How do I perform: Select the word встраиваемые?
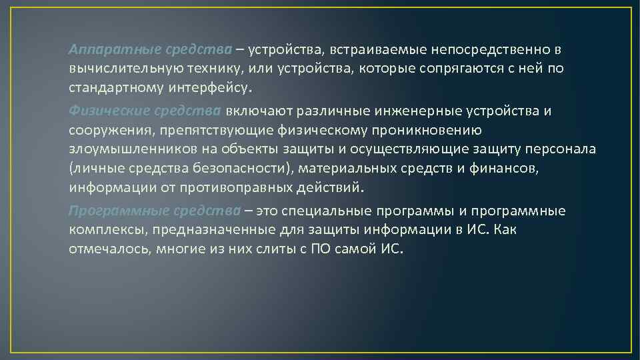[x=365, y=51]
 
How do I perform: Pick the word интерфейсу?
[x=212, y=87]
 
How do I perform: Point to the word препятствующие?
[x=219, y=129]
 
